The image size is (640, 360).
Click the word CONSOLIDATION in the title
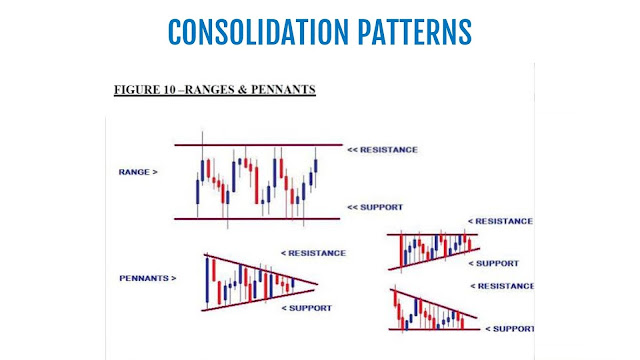[x=258, y=32]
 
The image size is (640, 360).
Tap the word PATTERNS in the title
[x=415, y=32]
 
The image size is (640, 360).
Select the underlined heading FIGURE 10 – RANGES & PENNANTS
[x=215, y=90]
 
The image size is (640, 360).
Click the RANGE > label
[x=138, y=172]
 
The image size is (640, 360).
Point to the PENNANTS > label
[x=148, y=278]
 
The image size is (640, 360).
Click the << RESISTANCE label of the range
[x=382, y=150]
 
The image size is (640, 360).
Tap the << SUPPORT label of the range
[x=375, y=207]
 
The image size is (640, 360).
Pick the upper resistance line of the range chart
[x=258, y=145]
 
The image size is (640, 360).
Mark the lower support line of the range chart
[x=257, y=219]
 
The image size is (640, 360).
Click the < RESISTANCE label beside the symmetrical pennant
[x=313, y=253]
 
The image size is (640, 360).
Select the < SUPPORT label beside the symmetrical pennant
[x=307, y=308]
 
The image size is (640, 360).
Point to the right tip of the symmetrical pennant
[x=317, y=284]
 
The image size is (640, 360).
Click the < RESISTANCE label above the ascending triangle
[x=500, y=221]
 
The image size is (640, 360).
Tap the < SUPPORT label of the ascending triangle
[x=493, y=264]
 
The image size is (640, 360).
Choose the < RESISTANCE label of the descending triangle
[x=502, y=286]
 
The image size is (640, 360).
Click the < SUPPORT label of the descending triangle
[x=510, y=329]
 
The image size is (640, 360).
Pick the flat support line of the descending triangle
[x=435, y=329]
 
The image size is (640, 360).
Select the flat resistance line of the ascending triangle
[x=432, y=234]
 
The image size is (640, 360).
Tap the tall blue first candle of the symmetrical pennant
[x=207, y=280]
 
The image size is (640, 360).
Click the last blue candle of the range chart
[x=316, y=165]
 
